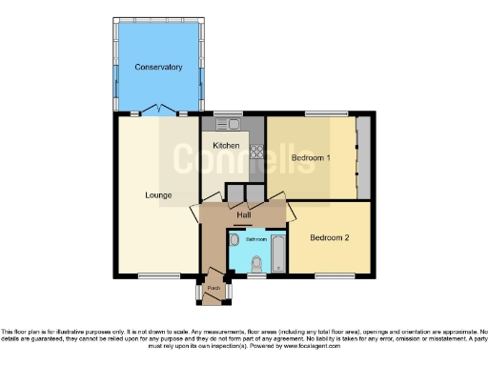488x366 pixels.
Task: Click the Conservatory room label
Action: point(158,67)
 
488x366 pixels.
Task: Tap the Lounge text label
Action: point(158,195)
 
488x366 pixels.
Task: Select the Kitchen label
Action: point(226,145)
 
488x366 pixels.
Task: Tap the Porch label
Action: point(214,287)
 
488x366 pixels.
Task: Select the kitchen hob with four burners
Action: point(255,150)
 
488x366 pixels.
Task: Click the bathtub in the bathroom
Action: point(277,253)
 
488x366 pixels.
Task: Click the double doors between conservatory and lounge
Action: point(158,111)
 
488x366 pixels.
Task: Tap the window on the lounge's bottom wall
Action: point(153,276)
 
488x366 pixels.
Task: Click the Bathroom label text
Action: point(255,239)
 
